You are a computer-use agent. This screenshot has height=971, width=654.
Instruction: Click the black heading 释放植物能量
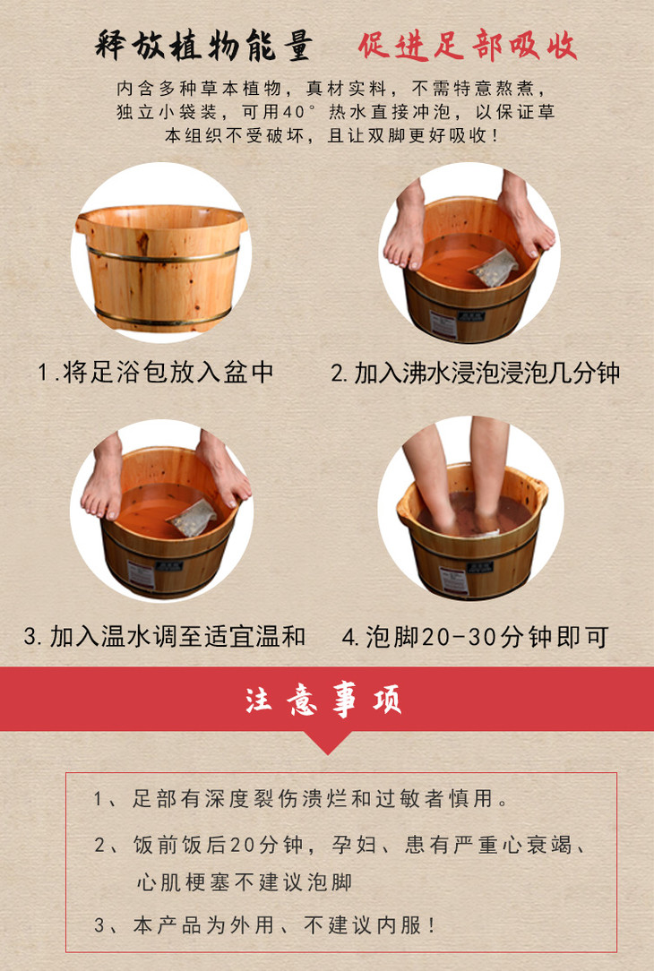(x=203, y=45)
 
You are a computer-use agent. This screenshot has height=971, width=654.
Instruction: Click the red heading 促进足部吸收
(x=467, y=45)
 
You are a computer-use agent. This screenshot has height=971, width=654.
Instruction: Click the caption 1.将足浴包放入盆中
(x=156, y=372)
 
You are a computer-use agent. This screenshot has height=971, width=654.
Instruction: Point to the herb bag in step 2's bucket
(x=494, y=268)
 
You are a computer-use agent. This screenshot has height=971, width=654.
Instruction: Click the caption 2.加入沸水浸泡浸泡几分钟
(x=475, y=373)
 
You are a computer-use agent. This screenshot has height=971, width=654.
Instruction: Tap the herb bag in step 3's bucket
(x=192, y=518)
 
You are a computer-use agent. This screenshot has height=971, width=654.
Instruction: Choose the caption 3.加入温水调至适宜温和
(x=164, y=636)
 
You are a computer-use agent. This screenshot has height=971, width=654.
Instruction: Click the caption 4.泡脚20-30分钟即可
(x=476, y=637)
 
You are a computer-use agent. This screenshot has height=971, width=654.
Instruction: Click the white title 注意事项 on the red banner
(x=323, y=700)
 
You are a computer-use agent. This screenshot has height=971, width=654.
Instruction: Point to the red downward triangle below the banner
(x=328, y=742)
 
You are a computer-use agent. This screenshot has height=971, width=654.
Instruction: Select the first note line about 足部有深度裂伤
(x=301, y=799)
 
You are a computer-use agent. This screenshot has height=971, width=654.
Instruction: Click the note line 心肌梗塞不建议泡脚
(x=244, y=881)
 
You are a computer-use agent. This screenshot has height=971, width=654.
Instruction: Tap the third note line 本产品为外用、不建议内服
(x=265, y=925)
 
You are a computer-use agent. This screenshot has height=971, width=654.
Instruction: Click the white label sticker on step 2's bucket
(x=443, y=324)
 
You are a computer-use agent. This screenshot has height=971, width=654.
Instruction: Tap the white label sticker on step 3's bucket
(x=141, y=574)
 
